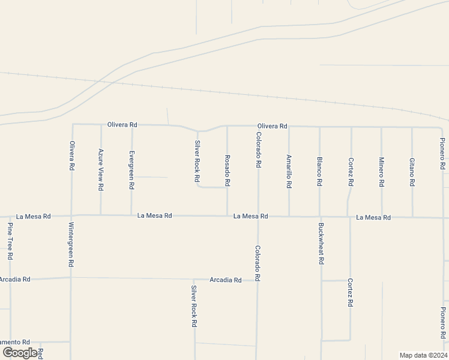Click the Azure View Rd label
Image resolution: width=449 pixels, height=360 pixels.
pos(101,170)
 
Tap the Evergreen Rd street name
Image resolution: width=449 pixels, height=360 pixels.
pos(131,170)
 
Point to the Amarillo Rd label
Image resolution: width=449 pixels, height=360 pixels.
pos(289,172)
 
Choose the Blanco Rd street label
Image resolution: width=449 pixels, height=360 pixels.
pos(320,171)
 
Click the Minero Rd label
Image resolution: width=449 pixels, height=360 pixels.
pos(381,172)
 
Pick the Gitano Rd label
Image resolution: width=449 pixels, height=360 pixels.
pos(412,171)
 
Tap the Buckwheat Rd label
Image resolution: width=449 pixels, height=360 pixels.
pos(321,244)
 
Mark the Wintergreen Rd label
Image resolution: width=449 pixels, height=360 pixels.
pos(71,244)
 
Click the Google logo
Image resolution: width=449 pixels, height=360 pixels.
pos(20,352)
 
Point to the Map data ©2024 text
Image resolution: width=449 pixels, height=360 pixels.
pos(423,355)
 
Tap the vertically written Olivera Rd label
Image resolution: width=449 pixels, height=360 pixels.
pos(71,155)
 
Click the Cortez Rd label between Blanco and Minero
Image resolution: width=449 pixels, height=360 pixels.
pos(351,172)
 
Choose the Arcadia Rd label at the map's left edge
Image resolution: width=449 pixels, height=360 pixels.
pos(14,280)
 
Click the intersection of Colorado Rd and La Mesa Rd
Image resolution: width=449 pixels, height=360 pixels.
pos(258,216)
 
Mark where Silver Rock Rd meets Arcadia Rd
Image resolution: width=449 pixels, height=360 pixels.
pos(194,280)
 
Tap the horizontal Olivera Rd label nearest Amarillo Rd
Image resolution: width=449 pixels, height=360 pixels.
pos(272,126)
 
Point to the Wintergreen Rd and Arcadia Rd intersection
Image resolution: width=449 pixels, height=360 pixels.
pos(71,278)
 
